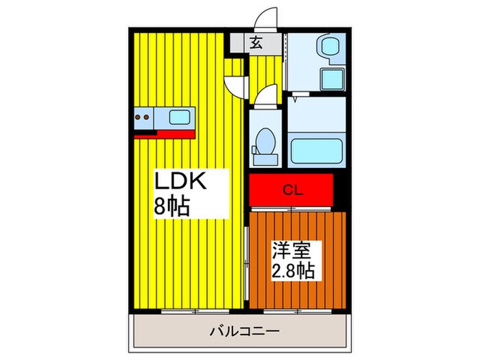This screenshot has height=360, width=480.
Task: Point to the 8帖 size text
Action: pos(172,206)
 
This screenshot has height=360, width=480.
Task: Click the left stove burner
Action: pos(138,117)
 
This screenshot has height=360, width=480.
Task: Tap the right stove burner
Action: pos(147,117)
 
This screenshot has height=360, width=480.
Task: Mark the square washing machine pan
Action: pos(331,79)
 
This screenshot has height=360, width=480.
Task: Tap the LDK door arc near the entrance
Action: pos(237,84)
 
